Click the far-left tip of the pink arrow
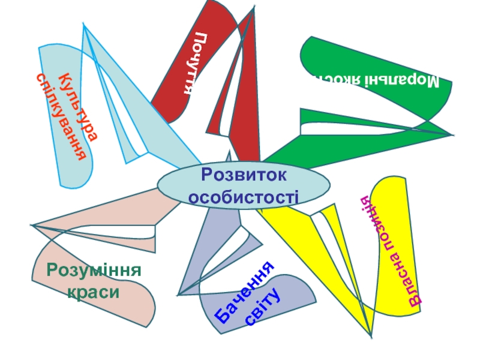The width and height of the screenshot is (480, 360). click(x=32, y=226)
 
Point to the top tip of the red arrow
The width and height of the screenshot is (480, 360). click(x=254, y=7)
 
